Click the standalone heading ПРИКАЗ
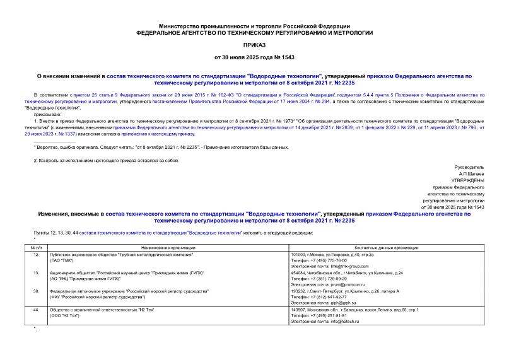pos(254,45)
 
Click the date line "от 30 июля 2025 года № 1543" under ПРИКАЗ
pos(254,57)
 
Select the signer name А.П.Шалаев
pos(472,173)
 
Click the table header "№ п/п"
pos(37,248)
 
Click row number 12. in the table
pos(37,254)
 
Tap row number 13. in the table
pos(37,273)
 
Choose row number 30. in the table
pos(37,291)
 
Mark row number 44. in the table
pos(37,310)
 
